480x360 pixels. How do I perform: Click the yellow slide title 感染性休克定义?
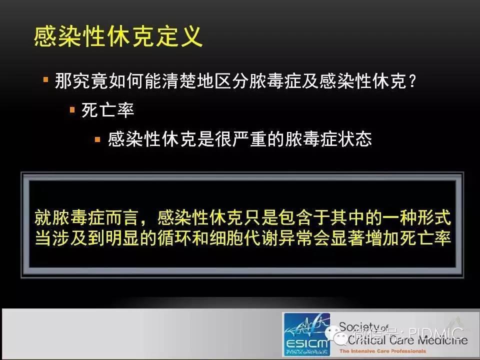[118, 36]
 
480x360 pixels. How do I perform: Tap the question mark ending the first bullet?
[412, 81]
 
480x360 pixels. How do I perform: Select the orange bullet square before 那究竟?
[46, 80]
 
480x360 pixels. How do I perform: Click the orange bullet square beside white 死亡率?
[72, 109]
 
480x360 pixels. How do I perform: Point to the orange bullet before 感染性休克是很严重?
[97, 139]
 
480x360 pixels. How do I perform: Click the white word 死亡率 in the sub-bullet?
[108, 110]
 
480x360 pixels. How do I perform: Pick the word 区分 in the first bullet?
[231, 81]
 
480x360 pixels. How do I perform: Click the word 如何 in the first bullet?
[126, 81]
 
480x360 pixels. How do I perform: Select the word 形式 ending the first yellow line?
[434, 217]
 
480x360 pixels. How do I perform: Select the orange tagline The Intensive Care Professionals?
[382, 351]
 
